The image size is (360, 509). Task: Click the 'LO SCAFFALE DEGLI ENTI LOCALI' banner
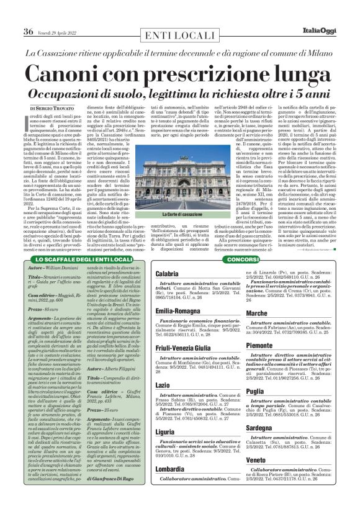82,259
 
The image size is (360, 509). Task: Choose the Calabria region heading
168,274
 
